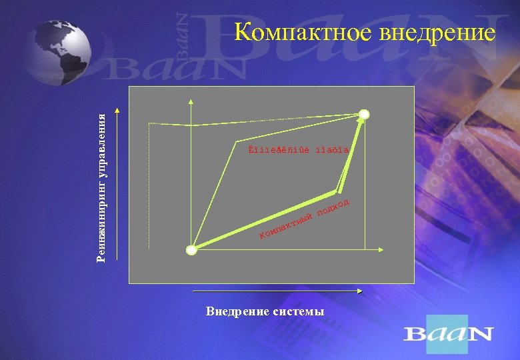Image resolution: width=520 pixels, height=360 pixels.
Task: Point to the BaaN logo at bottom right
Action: (448, 333)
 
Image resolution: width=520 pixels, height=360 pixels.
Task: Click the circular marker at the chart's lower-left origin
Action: (192, 250)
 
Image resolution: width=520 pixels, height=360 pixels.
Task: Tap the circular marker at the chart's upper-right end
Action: (364, 114)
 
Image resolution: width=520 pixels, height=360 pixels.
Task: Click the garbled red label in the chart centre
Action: (293, 150)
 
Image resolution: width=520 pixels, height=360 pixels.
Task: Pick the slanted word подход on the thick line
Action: (333, 207)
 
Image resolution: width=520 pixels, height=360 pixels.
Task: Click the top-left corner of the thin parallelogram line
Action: (237, 141)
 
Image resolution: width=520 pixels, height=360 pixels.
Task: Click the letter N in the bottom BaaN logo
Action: (481, 333)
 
